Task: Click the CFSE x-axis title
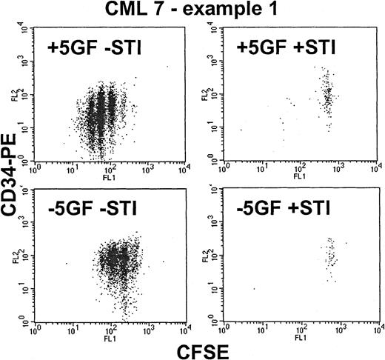click(195, 347)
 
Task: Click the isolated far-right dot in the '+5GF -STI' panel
click(167, 67)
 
